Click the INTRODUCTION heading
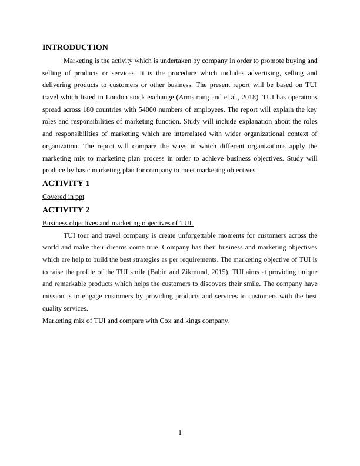[x=75, y=48]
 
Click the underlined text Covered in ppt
[x=63, y=197]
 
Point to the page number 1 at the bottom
[x=180, y=434]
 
